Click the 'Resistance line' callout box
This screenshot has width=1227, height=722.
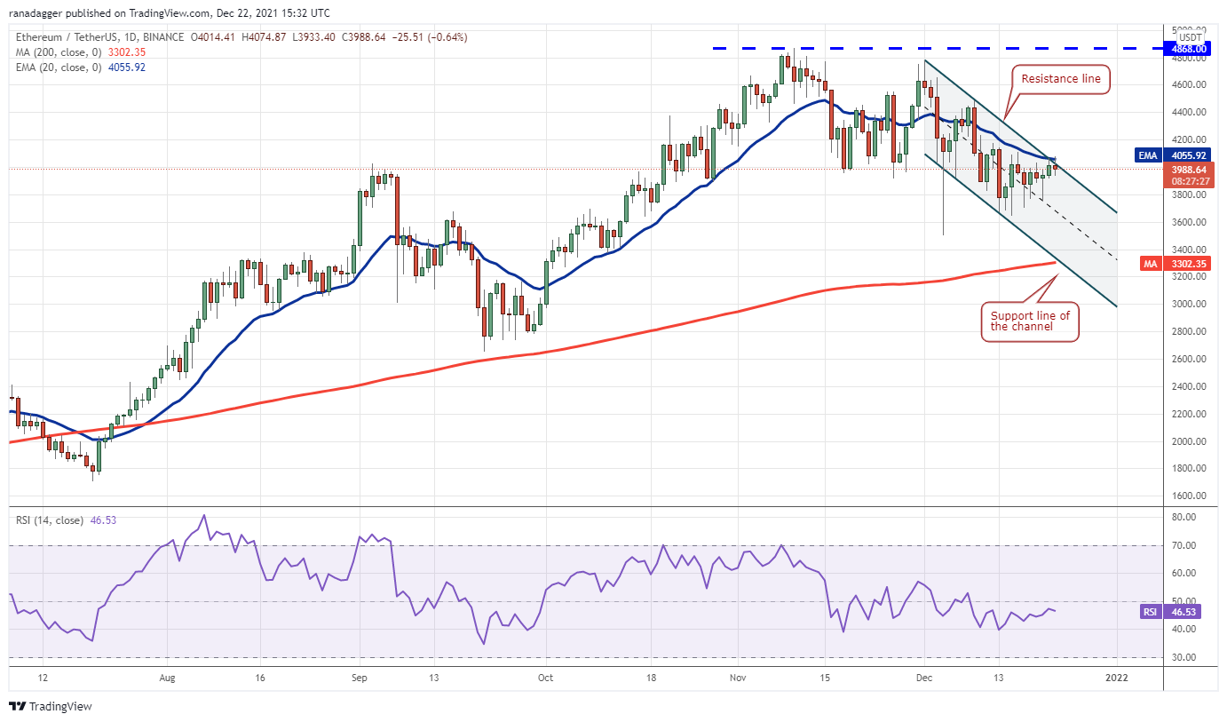(x=1060, y=79)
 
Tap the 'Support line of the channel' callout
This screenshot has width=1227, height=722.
(x=1030, y=321)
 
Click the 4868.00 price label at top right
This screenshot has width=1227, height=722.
(x=1188, y=49)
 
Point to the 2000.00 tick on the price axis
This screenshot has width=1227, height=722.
(x=1187, y=441)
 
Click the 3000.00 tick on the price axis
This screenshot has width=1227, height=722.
(x=1187, y=304)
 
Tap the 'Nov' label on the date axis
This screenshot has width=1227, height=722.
(x=738, y=677)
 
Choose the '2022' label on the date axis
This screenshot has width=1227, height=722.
(x=1116, y=677)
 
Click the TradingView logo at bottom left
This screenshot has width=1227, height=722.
(x=51, y=707)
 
